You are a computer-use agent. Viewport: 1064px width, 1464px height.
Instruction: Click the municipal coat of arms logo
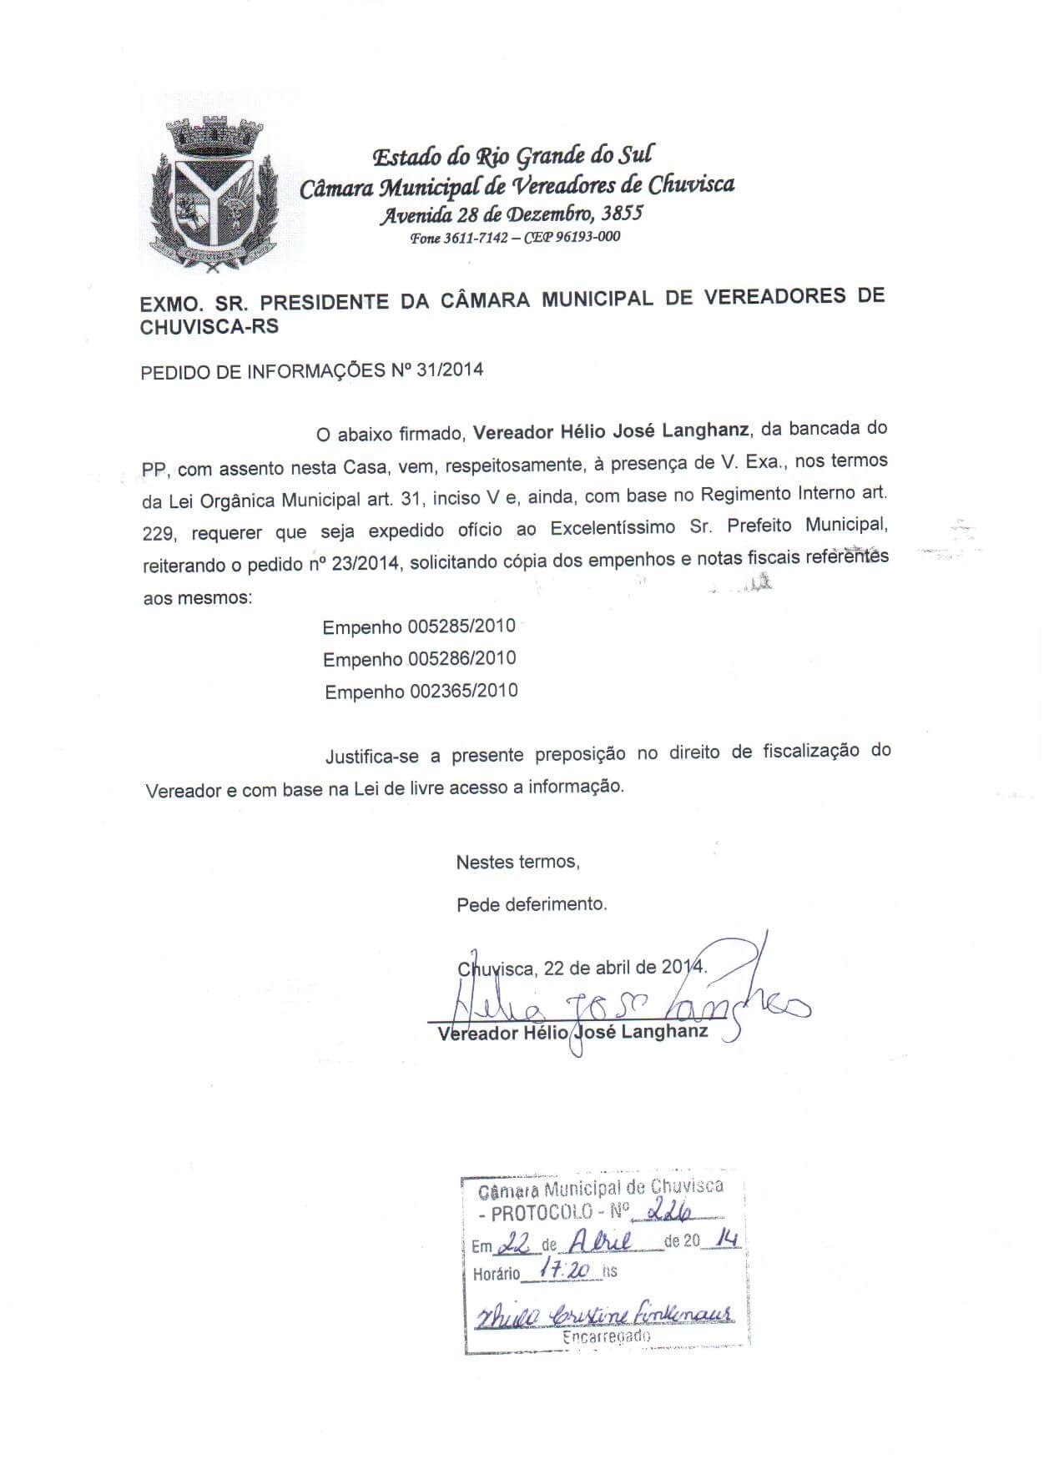212,196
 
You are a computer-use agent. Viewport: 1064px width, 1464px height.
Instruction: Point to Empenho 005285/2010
419,626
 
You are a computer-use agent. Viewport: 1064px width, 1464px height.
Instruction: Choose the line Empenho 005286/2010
420,659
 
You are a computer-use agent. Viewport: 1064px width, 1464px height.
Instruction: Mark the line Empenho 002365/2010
421,692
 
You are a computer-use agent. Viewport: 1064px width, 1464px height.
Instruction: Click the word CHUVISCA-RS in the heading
209,327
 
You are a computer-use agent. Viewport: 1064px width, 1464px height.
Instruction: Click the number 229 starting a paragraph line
157,532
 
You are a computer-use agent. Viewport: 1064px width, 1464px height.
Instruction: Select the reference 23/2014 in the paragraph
368,564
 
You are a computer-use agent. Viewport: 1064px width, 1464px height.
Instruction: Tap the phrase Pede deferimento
532,903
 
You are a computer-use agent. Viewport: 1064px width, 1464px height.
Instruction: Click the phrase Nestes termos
517,862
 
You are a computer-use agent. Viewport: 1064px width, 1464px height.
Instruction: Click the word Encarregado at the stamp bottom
606,1336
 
